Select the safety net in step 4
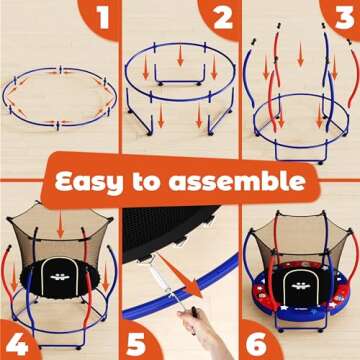click(60, 235)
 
